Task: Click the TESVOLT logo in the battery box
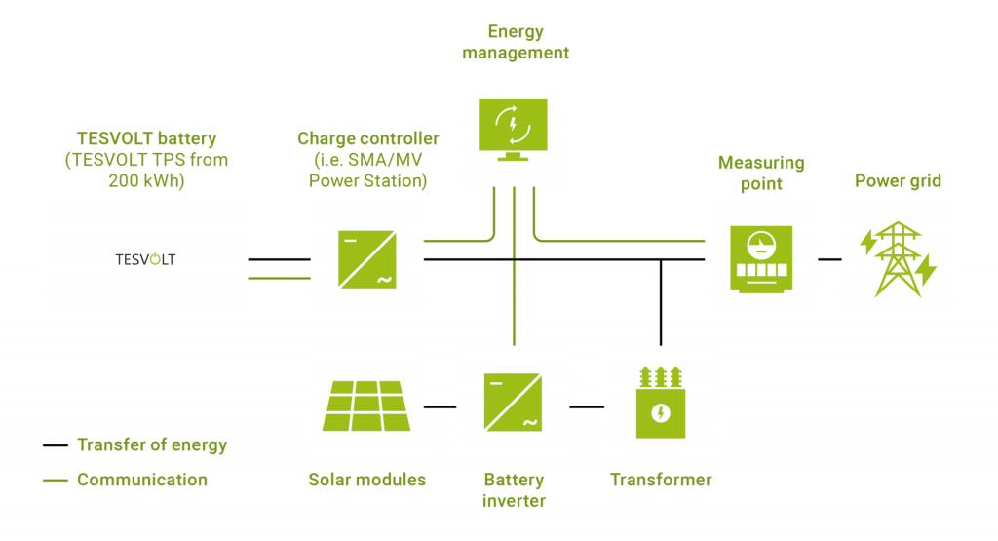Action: (145, 259)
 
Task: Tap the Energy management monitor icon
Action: (514, 130)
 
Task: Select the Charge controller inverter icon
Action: (367, 258)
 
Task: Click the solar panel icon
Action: (366, 402)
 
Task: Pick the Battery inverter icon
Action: (513, 402)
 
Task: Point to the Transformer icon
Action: (661, 402)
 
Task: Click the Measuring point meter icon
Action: (761, 259)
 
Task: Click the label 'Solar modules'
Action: (366, 480)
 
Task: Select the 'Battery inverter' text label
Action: (514, 490)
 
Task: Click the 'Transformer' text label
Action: (661, 480)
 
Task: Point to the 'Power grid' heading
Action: (898, 181)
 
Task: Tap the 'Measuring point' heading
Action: (761, 173)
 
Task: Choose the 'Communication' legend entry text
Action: (142, 480)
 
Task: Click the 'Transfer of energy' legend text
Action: (152, 445)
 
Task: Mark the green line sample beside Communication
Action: (56, 480)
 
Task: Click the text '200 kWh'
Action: (145, 181)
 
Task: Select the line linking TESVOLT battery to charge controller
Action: (279, 278)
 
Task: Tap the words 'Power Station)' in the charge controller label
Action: (367, 181)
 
